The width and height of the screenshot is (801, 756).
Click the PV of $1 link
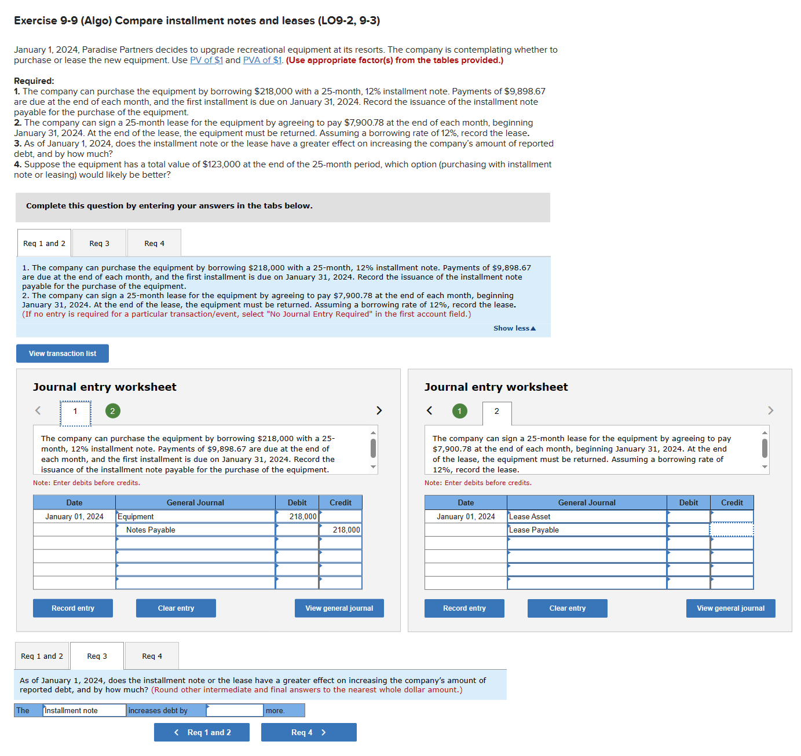(x=206, y=60)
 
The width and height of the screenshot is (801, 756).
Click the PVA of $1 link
(x=262, y=60)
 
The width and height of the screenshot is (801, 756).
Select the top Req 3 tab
(x=99, y=244)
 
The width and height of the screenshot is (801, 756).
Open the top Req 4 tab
(x=154, y=244)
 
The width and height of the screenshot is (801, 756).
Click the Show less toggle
(x=514, y=328)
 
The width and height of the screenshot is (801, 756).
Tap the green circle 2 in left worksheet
(x=112, y=411)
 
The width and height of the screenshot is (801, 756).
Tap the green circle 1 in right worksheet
(x=459, y=411)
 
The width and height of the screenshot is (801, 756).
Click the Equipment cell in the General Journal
(x=195, y=516)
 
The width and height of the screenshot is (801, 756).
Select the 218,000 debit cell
(x=297, y=516)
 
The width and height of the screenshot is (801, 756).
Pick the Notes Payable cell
(x=195, y=530)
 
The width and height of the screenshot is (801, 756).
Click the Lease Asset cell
(x=586, y=516)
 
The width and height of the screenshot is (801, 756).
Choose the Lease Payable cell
(x=586, y=530)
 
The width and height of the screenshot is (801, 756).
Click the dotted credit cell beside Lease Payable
(x=731, y=530)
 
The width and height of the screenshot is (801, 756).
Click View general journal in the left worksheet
(x=339, y=608)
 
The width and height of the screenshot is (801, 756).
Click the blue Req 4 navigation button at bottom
(x=309, y=732)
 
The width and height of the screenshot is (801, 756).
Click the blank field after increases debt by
(x=235, y=710)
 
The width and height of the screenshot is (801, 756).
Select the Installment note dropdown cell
(x=85, y=710)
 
